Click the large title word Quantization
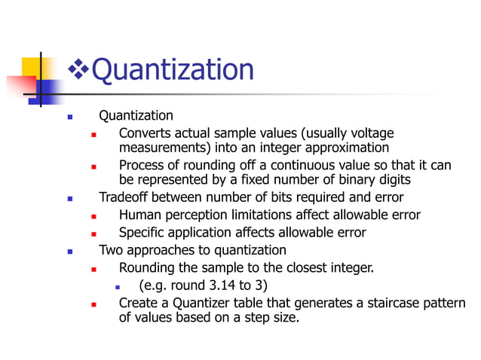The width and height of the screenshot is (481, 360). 172,70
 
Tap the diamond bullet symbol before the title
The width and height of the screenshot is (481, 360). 78,71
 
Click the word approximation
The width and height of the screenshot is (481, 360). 345,148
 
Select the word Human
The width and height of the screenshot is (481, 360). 140,215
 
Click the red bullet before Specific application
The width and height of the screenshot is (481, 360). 94,233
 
